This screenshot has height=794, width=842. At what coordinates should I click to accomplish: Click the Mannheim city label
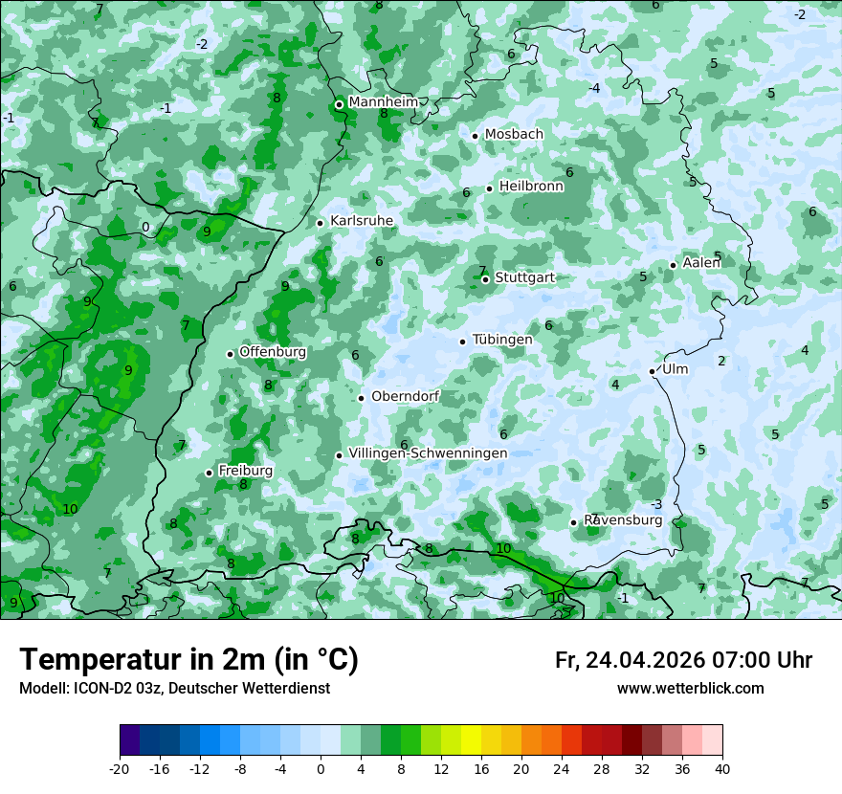pos(383,102)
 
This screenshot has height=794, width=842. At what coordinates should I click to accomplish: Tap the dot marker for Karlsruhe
pos(321,223)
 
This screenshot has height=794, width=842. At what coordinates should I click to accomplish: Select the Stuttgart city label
pos(524,278)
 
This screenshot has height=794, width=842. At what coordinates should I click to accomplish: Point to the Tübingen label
pos(502,340)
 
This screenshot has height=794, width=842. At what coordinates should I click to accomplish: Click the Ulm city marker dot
pos(653,371)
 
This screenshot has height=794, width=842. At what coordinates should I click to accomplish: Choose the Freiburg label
pos(245,471)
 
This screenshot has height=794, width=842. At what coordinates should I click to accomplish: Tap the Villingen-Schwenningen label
pos(428,453)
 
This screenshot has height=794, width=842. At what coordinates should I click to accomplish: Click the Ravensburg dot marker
pos(574,522)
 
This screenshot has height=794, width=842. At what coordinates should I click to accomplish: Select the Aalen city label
pos(702,263)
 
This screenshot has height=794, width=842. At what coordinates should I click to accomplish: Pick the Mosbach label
pos(514,135)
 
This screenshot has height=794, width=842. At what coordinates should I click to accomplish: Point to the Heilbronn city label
pos(531,187)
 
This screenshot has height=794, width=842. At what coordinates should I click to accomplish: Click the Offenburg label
pos(273,352)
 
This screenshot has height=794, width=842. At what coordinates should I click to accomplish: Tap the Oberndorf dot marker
pos(361,398)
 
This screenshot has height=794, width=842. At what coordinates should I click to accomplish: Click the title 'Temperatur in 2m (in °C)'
pos(188,659)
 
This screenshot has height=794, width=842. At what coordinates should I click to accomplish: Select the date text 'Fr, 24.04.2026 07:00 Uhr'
pos(683,660)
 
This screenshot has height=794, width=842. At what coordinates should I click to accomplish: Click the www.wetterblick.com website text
pos(690,688)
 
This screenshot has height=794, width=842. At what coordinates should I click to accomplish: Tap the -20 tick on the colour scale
pos(120,768)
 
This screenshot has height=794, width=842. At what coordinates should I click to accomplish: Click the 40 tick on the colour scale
pos(722,768)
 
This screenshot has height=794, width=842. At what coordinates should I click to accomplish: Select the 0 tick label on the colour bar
pos(321,768)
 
